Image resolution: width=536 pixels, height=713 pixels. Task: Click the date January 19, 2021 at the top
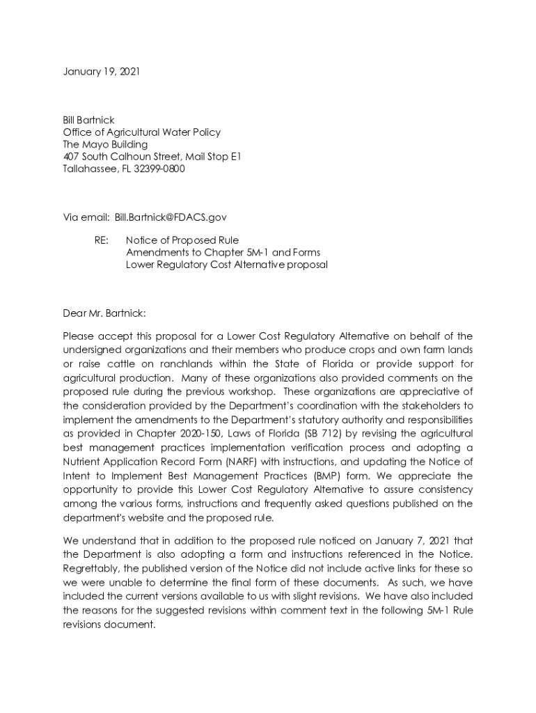(101, 72)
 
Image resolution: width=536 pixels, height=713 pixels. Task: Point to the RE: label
(102, 240)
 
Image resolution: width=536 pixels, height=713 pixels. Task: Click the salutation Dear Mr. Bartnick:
(104, 313)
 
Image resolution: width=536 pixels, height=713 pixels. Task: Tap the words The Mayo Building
(105, 144)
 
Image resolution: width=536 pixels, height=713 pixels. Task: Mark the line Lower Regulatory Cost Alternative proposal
(226, 265)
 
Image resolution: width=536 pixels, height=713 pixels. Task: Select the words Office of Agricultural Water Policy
(141, 132)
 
